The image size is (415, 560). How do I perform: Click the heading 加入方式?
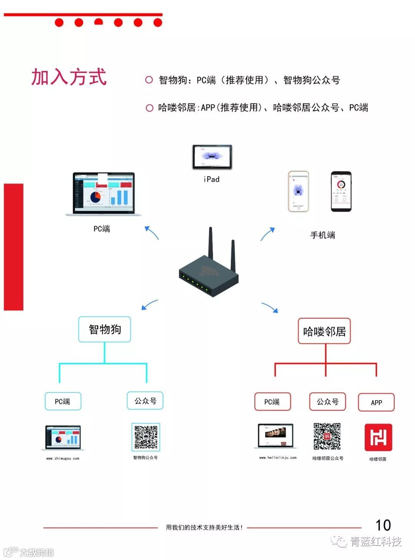click(x=69, y=77)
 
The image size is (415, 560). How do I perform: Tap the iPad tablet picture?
click(x=212, y=157)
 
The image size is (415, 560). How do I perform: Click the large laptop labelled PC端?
click(x=104, y=194)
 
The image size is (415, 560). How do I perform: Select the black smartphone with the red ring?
click(x=341, y=191)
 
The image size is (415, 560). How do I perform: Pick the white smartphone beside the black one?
click(x=299, y=191)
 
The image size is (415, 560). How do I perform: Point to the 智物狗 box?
click(x=105, y=329)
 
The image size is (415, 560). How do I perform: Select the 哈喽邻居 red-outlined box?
click(x=324, y=331)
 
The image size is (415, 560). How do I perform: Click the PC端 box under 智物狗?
click(x=63, y=401)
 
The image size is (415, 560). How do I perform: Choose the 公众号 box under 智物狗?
click(x=145, y=401)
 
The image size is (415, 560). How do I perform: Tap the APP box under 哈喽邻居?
click(x=376, y=403)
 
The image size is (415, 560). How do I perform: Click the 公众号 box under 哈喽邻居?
click(x=327, y=402)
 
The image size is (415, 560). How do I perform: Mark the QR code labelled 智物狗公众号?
click(x=146, y=437)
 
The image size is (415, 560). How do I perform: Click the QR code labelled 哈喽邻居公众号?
click(x=327, y=436)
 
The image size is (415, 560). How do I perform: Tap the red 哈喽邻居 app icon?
click(x=378, y=437)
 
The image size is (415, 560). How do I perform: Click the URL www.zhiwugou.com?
click(x=63, y=458)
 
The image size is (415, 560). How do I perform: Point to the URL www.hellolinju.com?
click(x=278, y=457)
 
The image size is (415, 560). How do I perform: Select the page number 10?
click(x=383, y=525)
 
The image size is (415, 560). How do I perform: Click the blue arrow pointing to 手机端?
click(x=268, y=234)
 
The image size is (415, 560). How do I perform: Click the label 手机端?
click(x=322, y=235)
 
